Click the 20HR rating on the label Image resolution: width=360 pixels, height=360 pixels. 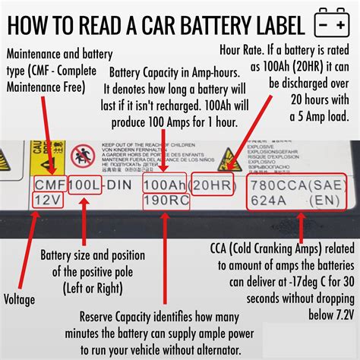click(x=210, y=184)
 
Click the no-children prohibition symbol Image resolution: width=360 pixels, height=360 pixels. click(x=82, y=156)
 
